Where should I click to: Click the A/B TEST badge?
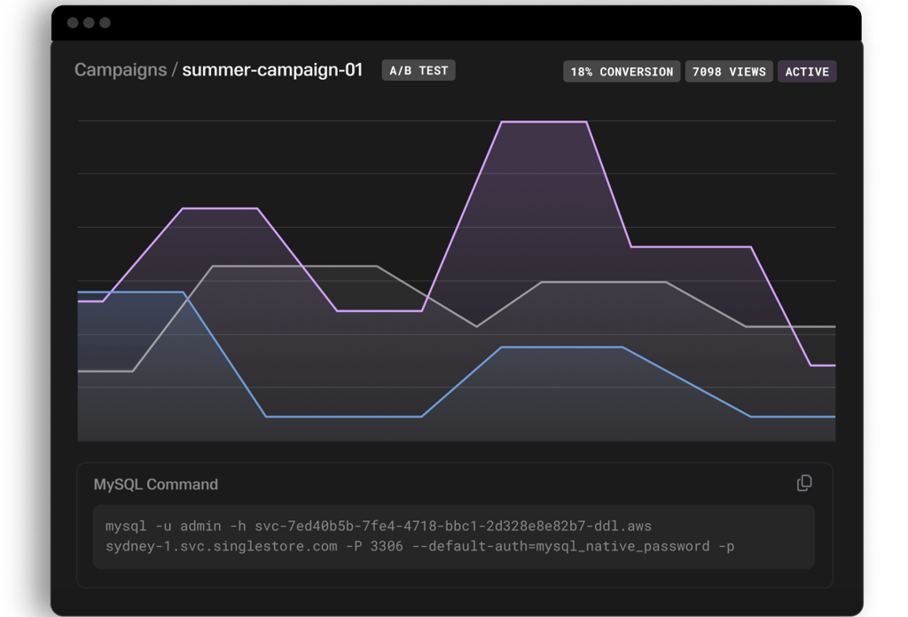tap(419, 71)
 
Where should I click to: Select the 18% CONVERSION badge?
tap(622, 72)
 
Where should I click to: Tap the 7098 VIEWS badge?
tap(729, 72)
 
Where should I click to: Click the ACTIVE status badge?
tap(807, 72)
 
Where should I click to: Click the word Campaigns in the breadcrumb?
tap(121, 70)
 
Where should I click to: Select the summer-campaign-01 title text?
tap(272, 70)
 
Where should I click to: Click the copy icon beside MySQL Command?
tap(804, 483)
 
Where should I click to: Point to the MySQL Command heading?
tap(156, 484)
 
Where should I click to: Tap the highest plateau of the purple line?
tap(544, 121)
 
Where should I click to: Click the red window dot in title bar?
tap(73, 22)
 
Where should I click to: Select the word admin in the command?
tap(200, 526)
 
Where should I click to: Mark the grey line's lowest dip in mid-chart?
tap(477, 326)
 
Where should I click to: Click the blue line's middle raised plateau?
tap(562, 348)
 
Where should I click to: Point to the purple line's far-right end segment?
tap(823, 365)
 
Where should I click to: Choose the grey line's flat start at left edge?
tap(105, 371)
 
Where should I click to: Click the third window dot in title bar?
tap(105, 22)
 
